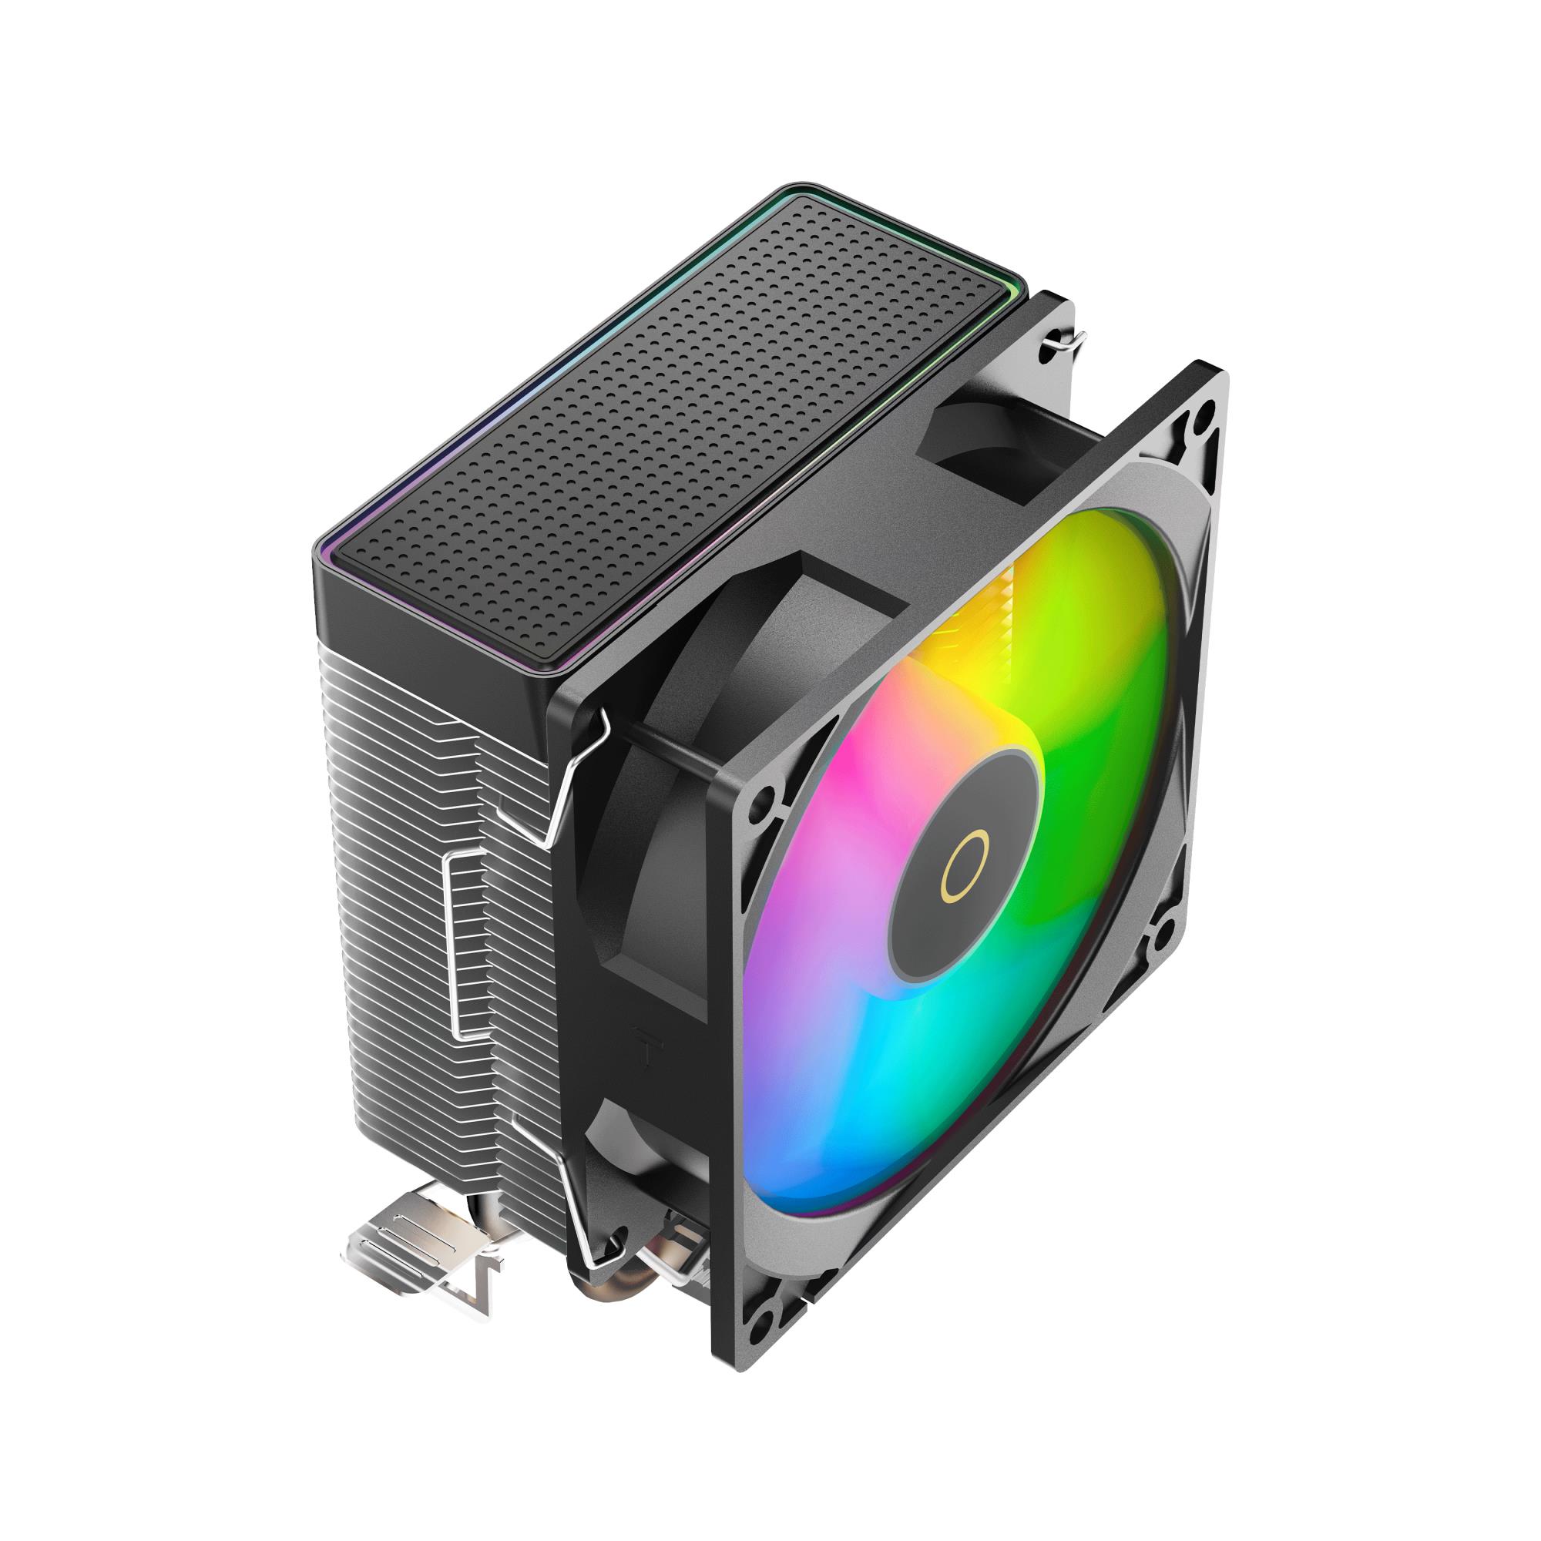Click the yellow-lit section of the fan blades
coord(973,678)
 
